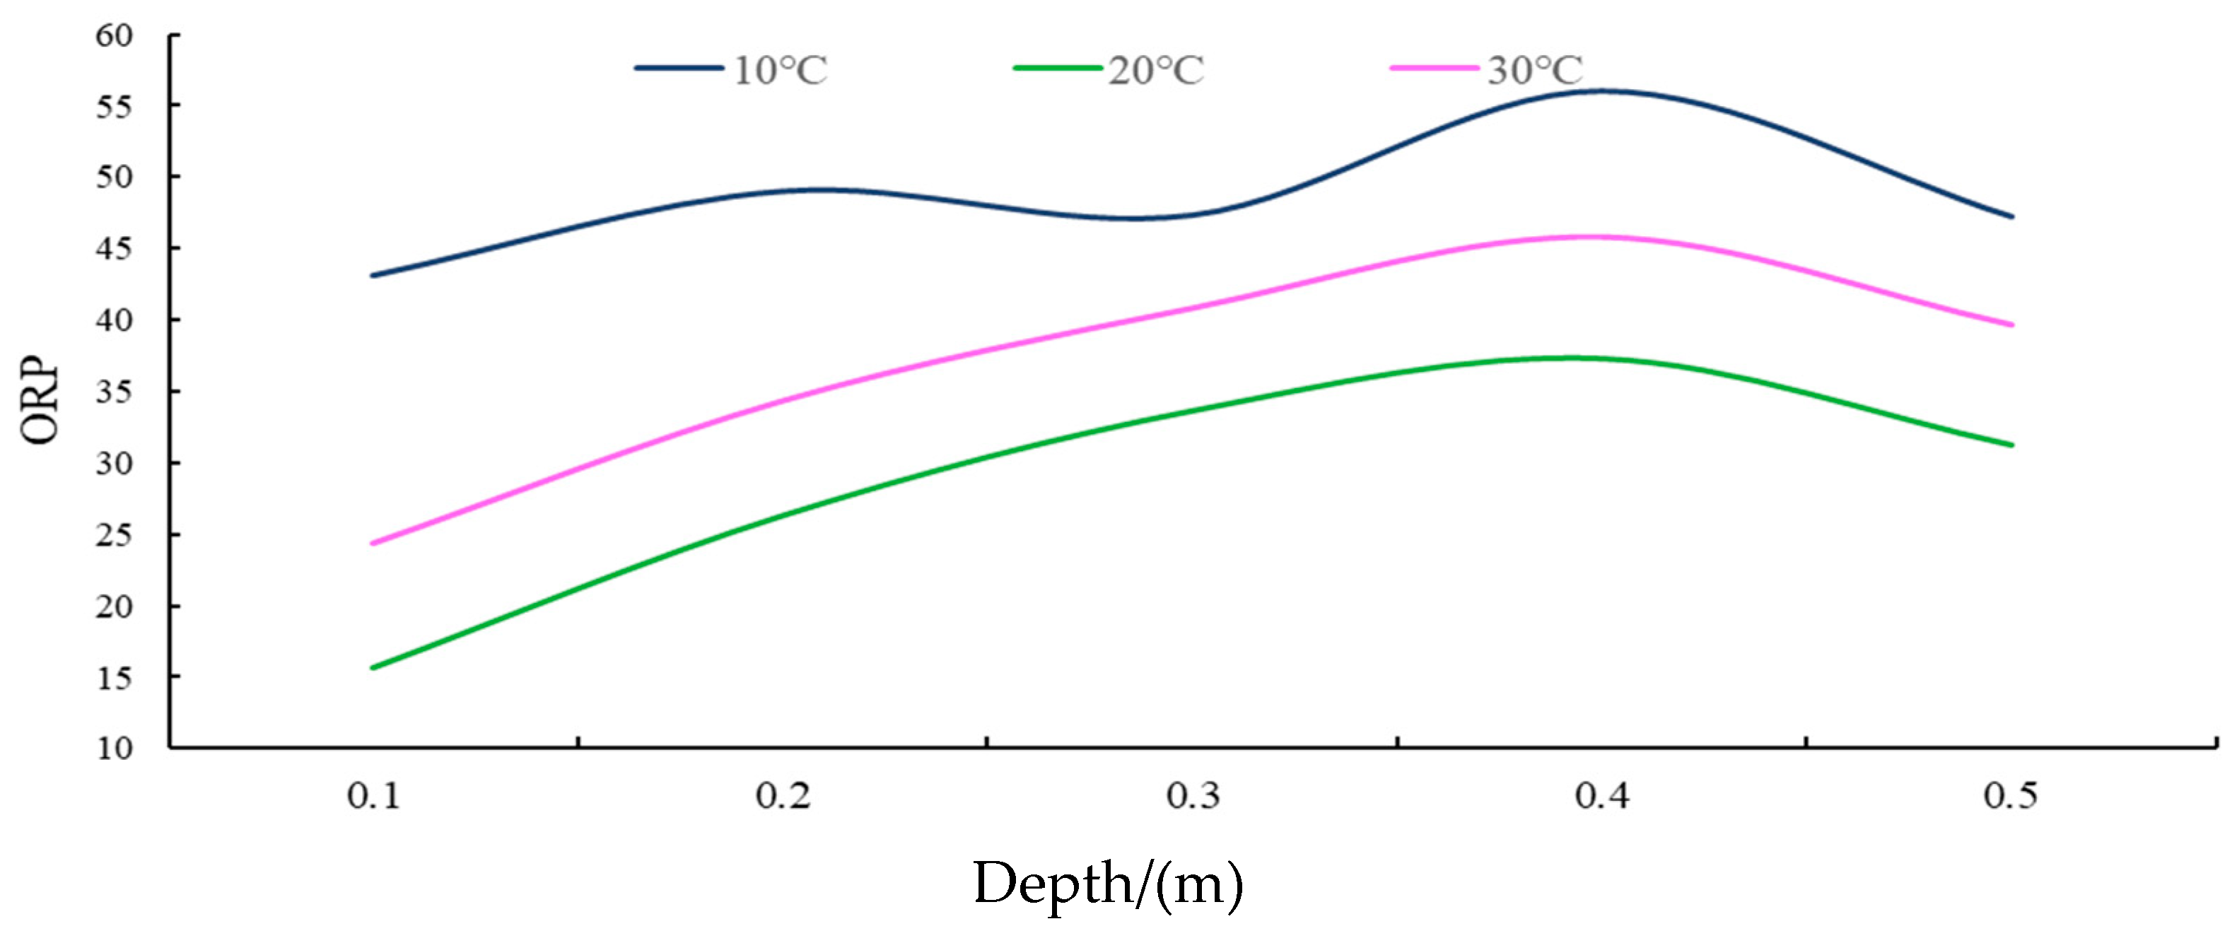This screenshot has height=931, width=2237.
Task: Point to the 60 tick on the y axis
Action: (114, 35)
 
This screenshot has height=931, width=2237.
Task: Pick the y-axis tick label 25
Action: (114, 535)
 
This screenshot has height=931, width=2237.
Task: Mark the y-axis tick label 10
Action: (114, 748)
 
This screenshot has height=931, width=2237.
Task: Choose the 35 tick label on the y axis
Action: (114, 392)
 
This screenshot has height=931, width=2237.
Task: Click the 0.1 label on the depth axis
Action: (373, 795)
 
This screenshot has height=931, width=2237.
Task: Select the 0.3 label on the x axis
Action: (1192, 795)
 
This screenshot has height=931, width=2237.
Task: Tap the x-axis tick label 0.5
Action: (2010, 795)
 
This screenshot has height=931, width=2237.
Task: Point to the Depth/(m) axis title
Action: (1107, 884)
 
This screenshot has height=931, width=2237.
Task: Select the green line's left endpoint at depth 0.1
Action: (373, 668)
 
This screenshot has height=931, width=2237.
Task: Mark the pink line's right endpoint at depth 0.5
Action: (2011, 324)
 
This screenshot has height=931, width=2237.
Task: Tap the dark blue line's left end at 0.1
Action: (373, 275)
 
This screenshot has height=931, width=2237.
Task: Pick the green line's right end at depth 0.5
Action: (2011, 445)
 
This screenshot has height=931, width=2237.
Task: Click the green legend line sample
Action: (1057, 68)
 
